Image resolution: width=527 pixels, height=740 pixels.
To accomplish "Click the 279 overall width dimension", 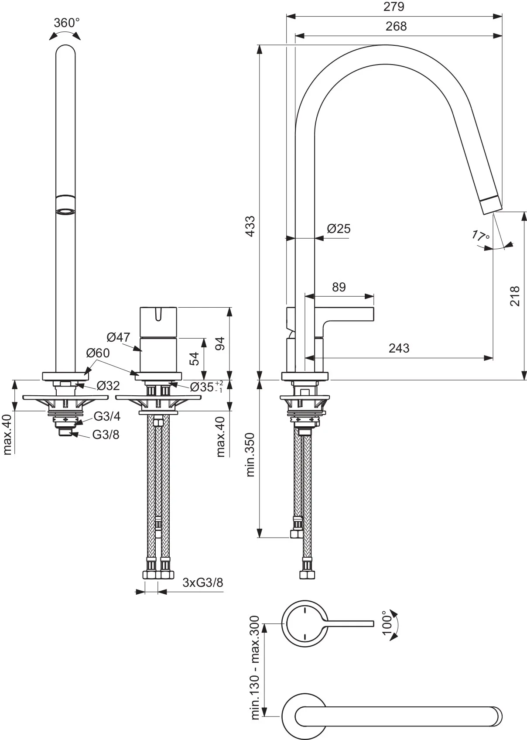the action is (x=394, y=7).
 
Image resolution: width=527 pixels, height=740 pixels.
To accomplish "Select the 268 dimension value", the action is (x=396, y=27).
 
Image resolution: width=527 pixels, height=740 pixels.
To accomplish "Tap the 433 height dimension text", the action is (x=251, y=226).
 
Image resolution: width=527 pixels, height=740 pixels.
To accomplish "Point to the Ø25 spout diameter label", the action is (x=339, y=229).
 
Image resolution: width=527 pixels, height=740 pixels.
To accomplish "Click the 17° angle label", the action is (x=481, y=236).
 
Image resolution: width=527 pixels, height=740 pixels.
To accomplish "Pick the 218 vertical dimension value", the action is (x=515, y=296).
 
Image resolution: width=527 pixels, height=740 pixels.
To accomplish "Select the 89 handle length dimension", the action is (x=339, y=287).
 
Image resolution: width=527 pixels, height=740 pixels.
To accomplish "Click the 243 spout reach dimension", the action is (x=399, y=348).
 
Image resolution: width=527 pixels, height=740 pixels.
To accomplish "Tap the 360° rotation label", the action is (x=67, y=23).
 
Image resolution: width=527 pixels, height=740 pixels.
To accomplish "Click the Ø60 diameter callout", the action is (x=98, y=353).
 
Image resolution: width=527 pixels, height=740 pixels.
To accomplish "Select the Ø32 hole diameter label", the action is (x=108, y=386).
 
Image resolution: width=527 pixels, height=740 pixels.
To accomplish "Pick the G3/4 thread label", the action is (x=107, y=417).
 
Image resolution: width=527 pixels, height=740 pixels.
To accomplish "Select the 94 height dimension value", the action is (x=220, y=343).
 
